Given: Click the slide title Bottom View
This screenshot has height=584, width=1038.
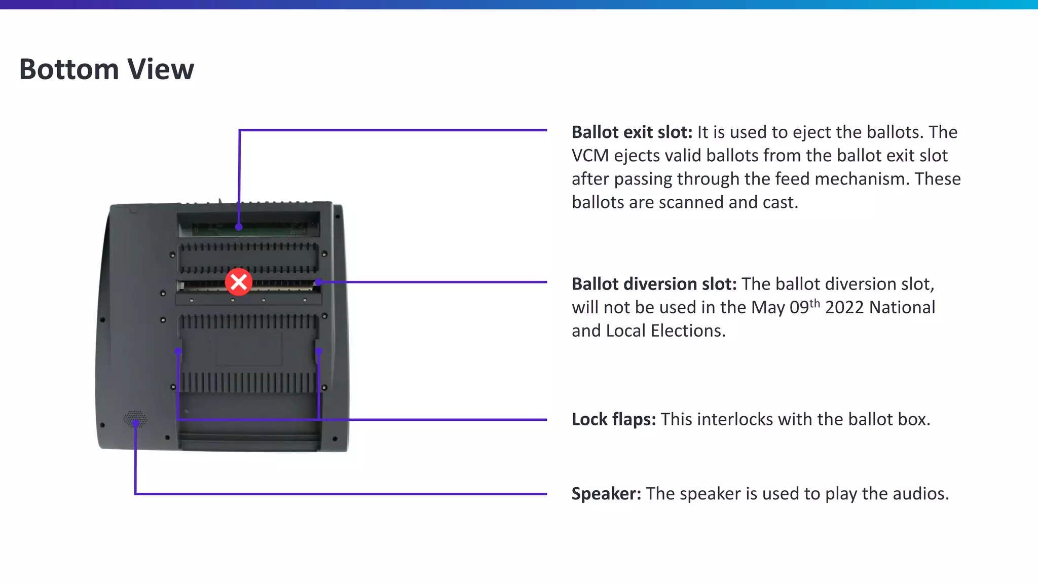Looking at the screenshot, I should pyautogui.click(x=106, y=69).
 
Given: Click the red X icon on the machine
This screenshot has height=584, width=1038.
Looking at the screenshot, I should pyautogui.click(x=239, y=282).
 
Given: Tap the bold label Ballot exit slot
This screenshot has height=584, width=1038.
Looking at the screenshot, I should pyautogui.click(x=632, y=132).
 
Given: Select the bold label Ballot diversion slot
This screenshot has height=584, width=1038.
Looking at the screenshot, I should pyautogui.click(x=654, y=284).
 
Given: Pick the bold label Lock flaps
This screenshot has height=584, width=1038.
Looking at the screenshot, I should pyautogui.click(x=613, y=420).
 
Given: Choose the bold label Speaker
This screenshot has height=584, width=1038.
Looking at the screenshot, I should pyautogui.click(x=606, y=494).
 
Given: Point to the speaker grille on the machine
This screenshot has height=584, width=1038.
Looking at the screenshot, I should pyautogui.click(x=135, y=419).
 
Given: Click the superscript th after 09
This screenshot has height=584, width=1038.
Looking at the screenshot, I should pyautogui.click(x=814, y=303).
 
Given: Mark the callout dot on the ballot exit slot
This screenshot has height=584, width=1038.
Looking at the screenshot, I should pyautogui.click(x=239, y=227).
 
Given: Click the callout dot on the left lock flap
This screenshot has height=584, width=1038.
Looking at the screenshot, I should pyautogui.click(x=178, y=351).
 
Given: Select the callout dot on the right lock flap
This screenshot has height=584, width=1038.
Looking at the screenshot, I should pyautogui.click(x=319, y=351).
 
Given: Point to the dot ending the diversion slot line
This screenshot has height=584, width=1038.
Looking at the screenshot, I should pyautogui.click(x=318, y=282).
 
